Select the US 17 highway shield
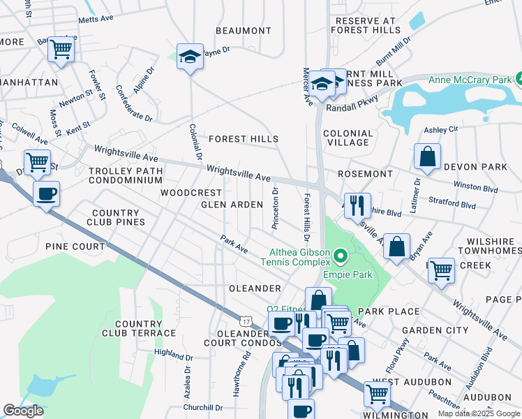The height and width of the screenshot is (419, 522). tap(245, 321)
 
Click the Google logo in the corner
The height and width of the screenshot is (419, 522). tap(23, 411)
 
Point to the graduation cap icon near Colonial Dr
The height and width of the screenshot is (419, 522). tap(189, 56)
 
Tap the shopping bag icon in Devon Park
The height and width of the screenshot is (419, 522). tap(427, 157)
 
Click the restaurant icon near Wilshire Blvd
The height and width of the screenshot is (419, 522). tap(356, 204)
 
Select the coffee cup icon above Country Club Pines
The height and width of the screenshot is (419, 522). tap(46, 193)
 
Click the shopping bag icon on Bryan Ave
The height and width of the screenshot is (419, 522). tap(396, 247)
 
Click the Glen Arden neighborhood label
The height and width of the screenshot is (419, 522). tap(232, 205)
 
